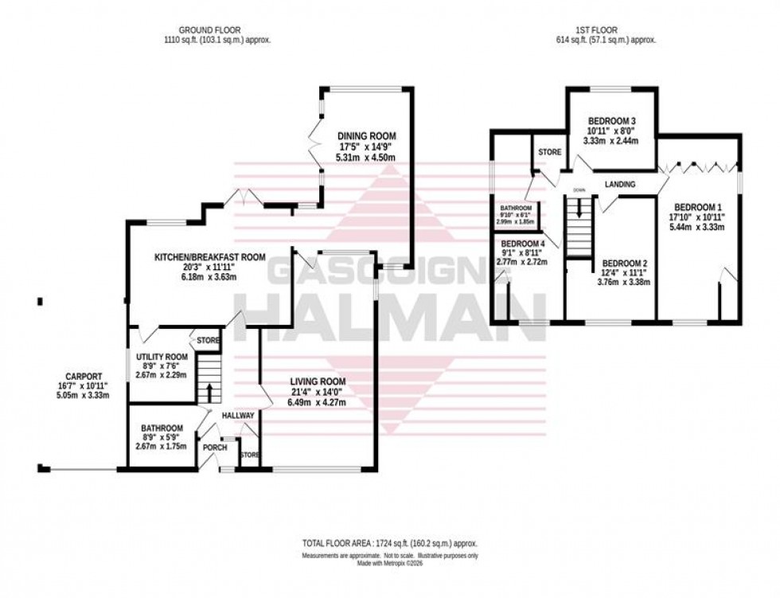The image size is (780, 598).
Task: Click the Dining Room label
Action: tap(365, 135)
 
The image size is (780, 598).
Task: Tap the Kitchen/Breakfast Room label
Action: tap(209, 256)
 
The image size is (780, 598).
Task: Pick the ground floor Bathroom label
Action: tap(162, 428)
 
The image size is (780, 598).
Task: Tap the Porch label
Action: tap(215, 448)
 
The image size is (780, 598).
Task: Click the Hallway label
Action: tap(238, 416)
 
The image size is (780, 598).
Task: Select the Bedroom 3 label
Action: tap(610, 121)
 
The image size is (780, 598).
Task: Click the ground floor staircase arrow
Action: tap(209, 391)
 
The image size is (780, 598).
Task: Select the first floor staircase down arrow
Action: tap(579, 208)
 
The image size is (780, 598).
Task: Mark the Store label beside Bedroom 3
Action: tap(549, 152)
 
